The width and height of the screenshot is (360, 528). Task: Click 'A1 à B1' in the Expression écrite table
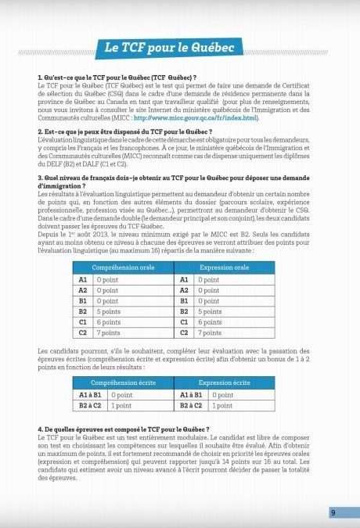tap(193, 396)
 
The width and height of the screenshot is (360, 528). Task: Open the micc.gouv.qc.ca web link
tap(195, 118)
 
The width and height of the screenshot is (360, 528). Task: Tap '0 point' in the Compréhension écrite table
tap(122, 396)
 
